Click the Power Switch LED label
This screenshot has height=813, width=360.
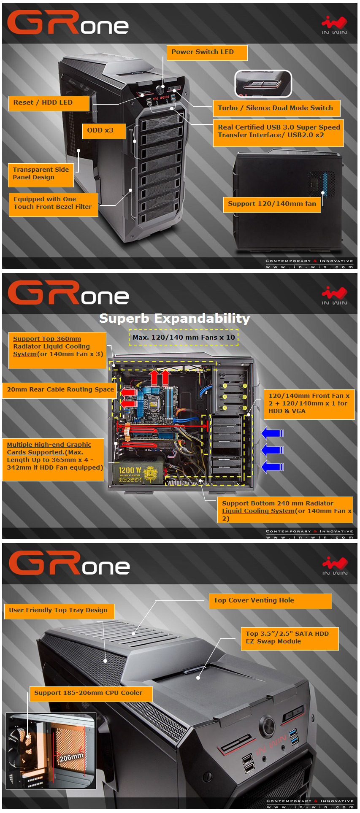(x=206, y=52)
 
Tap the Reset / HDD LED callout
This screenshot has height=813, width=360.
(x=49, y=103)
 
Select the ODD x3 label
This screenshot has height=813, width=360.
(x=104, y=131)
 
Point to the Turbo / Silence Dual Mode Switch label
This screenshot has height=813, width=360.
(x=276, y=108)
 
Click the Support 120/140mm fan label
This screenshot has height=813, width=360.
(x=272, y=204)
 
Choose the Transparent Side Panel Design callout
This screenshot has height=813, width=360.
(x=41, y=174)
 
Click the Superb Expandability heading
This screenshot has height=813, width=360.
(x=174, y=319)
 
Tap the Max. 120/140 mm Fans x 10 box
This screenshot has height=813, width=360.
(x=184, y=338)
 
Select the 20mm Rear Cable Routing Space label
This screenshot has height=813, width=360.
(x=60, y=390)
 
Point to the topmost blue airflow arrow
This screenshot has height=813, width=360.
(x=272, y=433)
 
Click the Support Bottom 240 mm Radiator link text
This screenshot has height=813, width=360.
(x=277, y=503)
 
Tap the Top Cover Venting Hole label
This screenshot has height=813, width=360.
(x=270, y=601)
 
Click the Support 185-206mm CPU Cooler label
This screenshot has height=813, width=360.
(x=90, y=693)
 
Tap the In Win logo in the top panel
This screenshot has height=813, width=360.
(x=334, y=25)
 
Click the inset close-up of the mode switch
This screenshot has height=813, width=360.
(x=263, y=84)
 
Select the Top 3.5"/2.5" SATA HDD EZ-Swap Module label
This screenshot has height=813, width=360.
(x=290, y=638)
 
